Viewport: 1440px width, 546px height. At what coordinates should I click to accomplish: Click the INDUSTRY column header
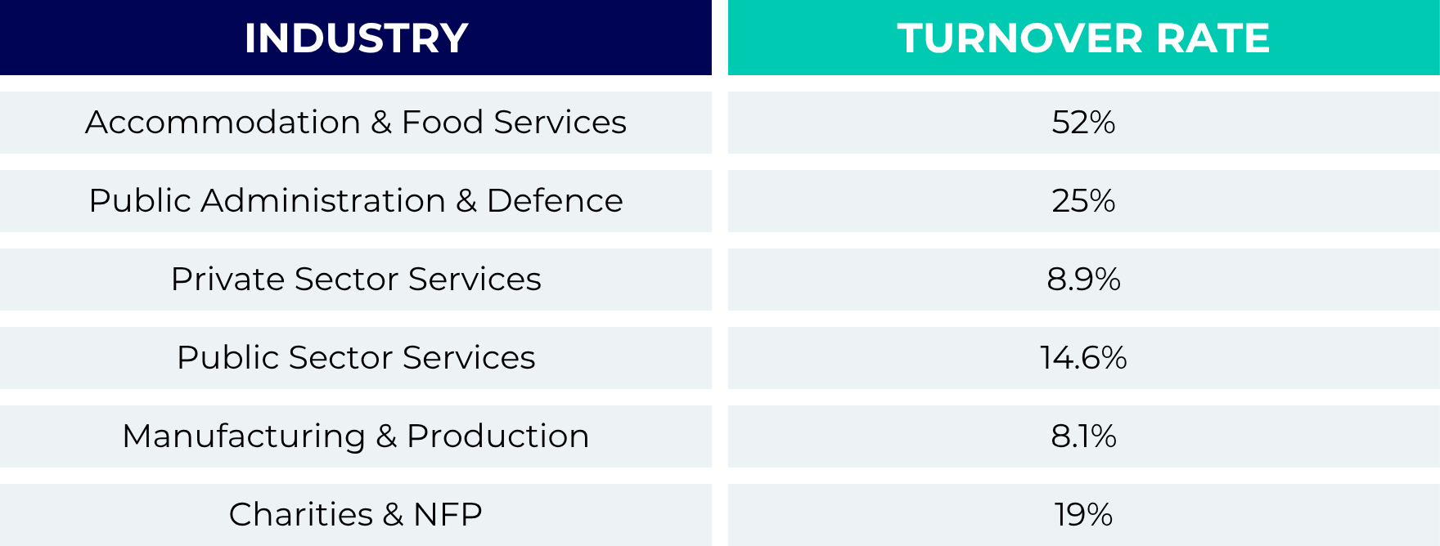(x=356, y=38)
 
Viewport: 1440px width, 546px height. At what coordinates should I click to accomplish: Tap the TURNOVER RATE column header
(x=1083, y=38)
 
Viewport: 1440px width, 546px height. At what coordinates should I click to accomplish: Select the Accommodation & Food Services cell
(x=356, y=123)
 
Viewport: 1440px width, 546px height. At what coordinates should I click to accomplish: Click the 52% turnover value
(x=1083, y=123)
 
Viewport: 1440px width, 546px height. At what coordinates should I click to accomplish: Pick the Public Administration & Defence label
(x=356, y=201)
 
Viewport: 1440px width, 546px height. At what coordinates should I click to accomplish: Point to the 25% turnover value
(x=1083, y=201)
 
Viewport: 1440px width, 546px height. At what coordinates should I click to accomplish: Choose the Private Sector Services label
(x=356, y=280)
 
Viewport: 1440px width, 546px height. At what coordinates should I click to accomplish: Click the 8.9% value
(x=1083, y=280)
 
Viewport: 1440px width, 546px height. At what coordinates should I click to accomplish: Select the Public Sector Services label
(x=356, y=358)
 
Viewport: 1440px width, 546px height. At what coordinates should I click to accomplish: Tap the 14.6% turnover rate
(x=1083, y=358)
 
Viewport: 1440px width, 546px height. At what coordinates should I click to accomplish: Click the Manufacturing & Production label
(x=356, y=436)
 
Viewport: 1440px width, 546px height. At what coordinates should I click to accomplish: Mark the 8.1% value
(x=1083, y=436)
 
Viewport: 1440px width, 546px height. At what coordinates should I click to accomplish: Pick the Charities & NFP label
(x=356, y=515)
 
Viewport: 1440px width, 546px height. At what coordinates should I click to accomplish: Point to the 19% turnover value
(x=1083, y=515)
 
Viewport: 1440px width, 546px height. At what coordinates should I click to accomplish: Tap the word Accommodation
(x=223, y=123)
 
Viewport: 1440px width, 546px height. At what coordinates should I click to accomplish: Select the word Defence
(x=555, y=201)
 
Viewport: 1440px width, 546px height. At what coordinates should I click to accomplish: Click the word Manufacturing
(x=244, y=436)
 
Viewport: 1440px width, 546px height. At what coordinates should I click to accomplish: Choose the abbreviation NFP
(x=448, y=515)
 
